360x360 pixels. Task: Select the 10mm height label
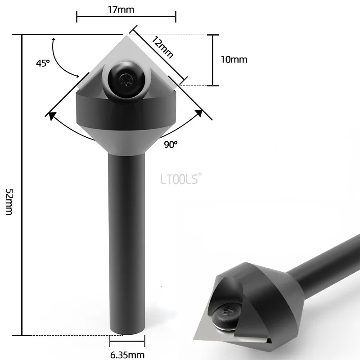click(234, 59)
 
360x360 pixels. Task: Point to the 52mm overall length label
click(9, 201)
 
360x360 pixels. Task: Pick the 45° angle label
click(43, 63)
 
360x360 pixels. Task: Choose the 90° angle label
click(171, 144)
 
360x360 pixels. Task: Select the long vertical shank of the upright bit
click(126, 243)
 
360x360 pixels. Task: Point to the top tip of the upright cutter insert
click(126, 35)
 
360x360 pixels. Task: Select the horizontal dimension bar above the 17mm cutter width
click(126, 18)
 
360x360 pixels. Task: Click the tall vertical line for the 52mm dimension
click(22, 184)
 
